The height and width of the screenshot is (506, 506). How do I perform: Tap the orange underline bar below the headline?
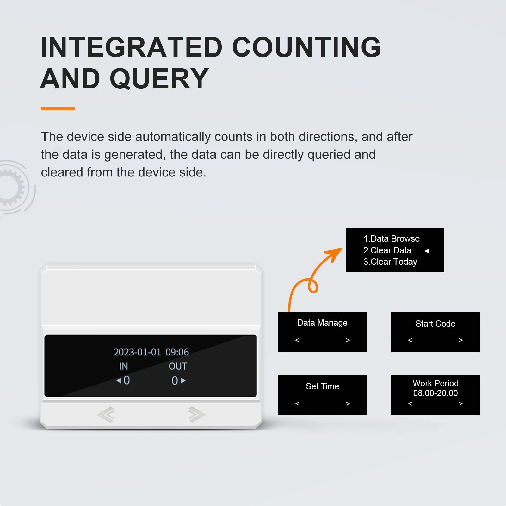(x=58, y=109)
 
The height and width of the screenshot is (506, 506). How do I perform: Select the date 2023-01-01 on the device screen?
(x=137, y=352)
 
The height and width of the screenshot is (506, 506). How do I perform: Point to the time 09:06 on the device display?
(x=177, y=352)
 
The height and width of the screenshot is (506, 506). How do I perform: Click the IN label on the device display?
(x=123, y=366)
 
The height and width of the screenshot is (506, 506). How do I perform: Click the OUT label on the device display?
(x=178, y=366)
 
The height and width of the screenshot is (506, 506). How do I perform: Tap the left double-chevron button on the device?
(x=106, y=414)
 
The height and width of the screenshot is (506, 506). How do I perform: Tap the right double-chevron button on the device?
(x=196, y=414)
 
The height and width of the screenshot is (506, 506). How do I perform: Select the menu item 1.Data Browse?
(x=392, y=238)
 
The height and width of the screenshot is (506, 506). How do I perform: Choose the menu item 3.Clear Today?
(x=390, y=262)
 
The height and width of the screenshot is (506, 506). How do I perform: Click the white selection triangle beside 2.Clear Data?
(x=427, y=251)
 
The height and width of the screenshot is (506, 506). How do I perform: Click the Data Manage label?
(x=322, y=323)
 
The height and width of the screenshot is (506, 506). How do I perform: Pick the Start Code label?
(x=435, y=324)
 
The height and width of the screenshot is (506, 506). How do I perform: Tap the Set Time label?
(x=322, y=386)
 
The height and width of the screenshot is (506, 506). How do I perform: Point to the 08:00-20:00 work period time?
(x=435, y=393)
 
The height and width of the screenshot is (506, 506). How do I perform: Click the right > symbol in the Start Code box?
(x=460, y=340)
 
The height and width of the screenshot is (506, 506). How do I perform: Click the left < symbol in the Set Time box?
(x=297, y=404)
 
